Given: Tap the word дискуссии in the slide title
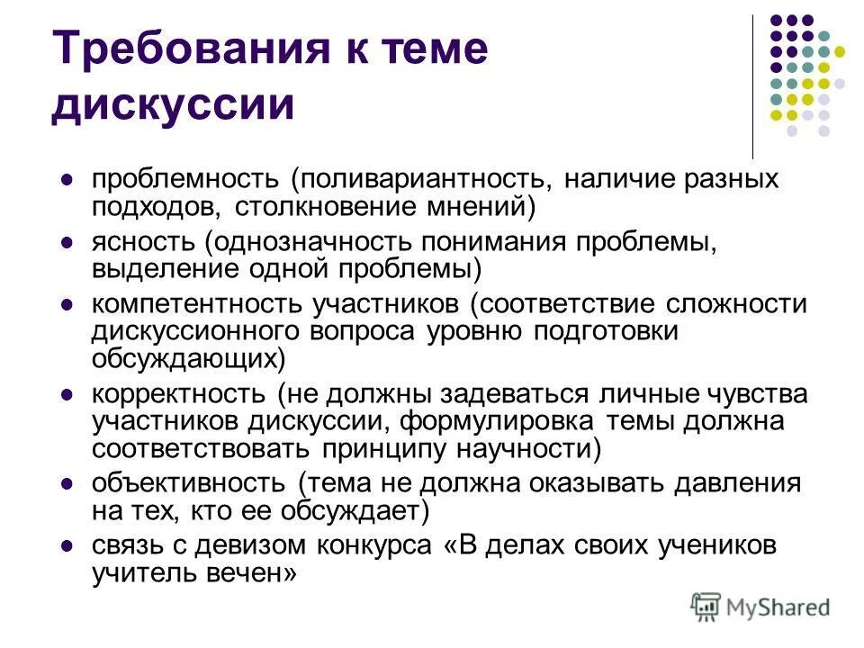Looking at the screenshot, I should (173, 103).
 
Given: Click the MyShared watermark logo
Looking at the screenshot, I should (760, 606).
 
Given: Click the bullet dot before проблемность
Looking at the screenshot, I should (66, 180).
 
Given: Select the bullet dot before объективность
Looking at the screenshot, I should (66, 484).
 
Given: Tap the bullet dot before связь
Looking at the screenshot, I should (66, 546).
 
